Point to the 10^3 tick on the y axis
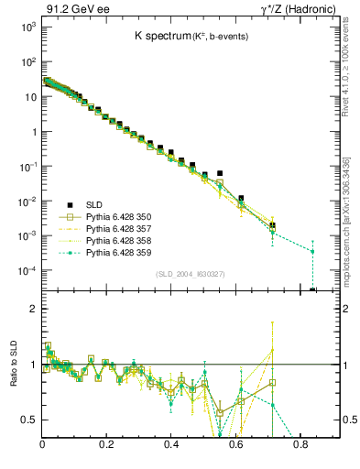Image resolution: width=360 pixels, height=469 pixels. [x=27, y=27]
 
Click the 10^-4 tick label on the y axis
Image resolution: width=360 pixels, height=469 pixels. [x=27, y=271]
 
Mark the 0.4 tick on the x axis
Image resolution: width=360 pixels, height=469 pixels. [x=171, y=446]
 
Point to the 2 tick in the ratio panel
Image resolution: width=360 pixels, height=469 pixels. [x=33, y=309]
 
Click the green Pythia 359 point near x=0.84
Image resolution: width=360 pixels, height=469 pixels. [x=312, y=252]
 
